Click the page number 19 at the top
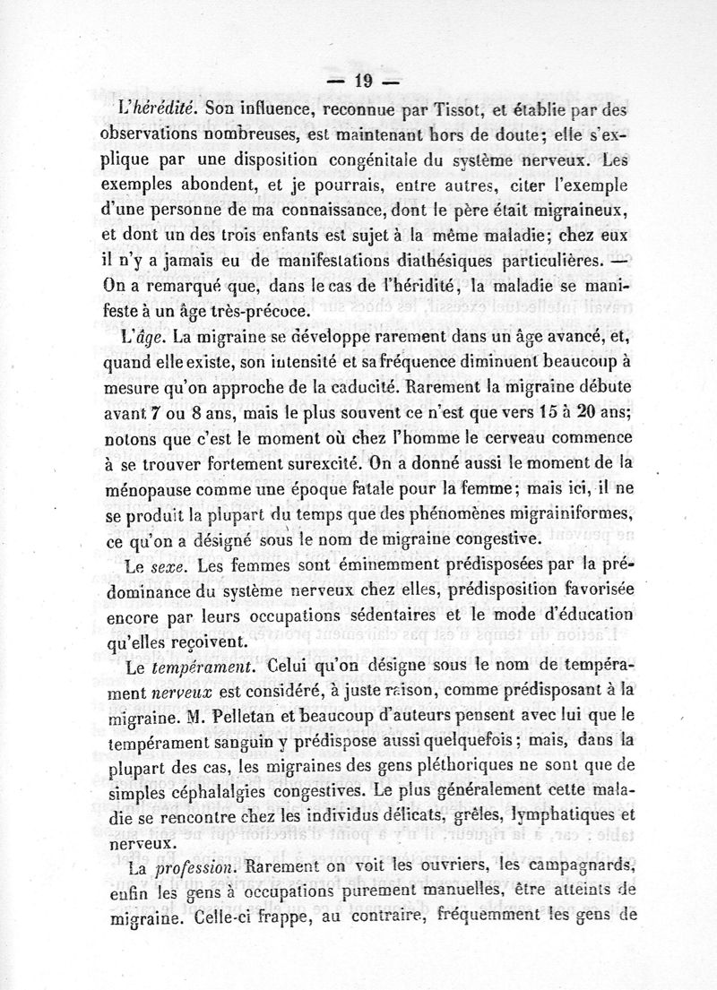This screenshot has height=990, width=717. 363,81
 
